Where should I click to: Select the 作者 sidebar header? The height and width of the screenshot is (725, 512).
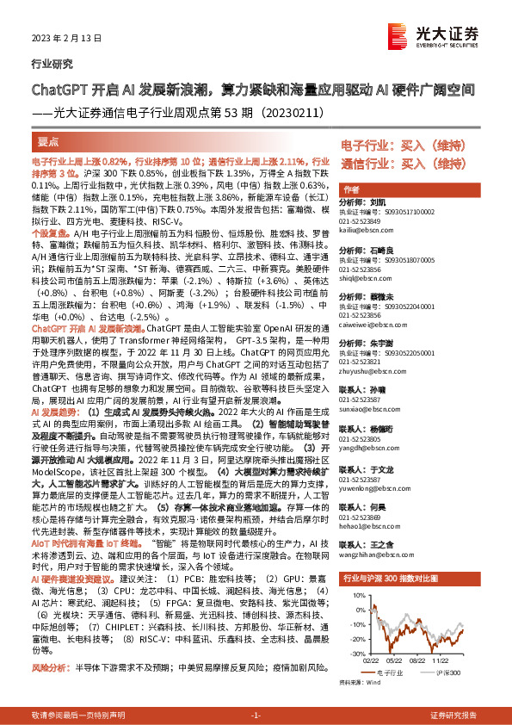351,189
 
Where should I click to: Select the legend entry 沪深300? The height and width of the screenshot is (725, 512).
448,672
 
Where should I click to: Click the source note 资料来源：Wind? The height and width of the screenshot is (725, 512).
361,683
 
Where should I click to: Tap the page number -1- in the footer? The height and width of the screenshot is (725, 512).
256,716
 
